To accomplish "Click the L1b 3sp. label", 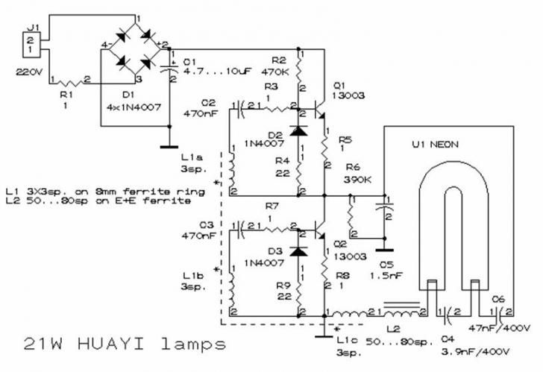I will (193, 281).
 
